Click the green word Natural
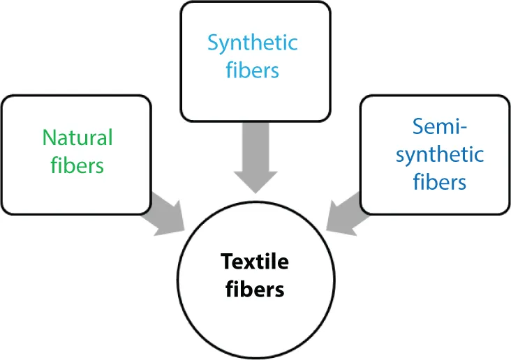[x=77, y=137]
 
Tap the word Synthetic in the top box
[x=253, y=43]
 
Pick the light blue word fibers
[x=253, y=70]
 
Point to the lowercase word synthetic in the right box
[x=439, y=154]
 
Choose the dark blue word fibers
[x=439, y=182]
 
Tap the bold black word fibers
[x=255, y=289]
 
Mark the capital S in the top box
[x=214, y=43]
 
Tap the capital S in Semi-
[x=418, y=126]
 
